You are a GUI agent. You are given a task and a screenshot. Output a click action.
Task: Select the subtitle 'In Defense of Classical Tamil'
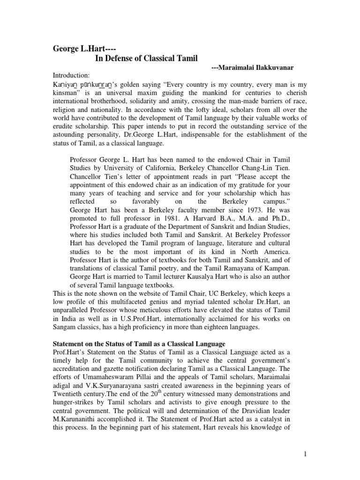147,58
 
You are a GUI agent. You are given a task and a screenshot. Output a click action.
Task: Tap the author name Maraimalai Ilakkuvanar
252,68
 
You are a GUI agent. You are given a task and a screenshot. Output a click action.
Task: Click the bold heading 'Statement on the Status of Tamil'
139,344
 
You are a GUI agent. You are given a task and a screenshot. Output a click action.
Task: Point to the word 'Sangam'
63,326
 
